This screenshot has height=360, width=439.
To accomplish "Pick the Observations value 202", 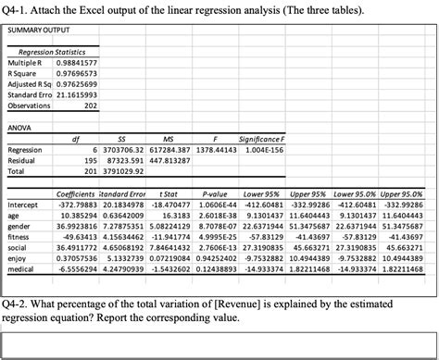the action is (91, 106).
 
